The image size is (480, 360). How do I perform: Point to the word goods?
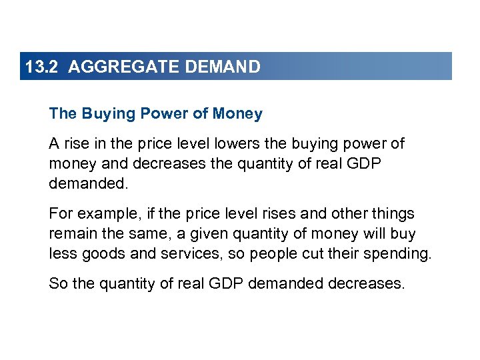(x=101, y=254)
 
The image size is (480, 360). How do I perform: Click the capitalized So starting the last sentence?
(x=58, y=284)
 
